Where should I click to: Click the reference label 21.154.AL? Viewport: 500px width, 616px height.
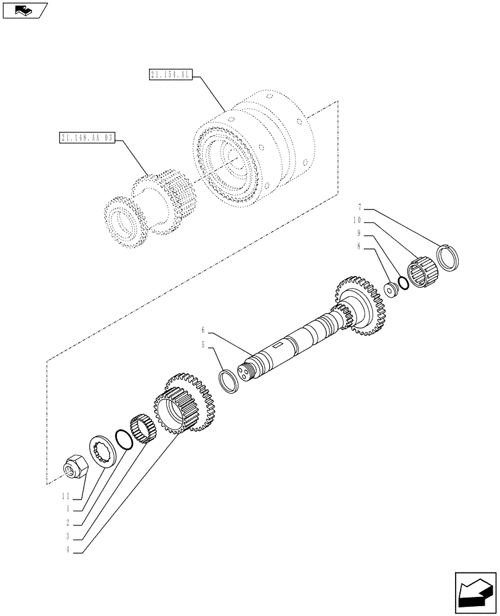[x=171, y=75]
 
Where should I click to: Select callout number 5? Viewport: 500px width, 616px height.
[x=203, y=346]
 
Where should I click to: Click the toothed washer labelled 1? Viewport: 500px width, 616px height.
[x=103, y=452]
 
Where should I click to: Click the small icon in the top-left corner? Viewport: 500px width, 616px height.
[x=24, y=10]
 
